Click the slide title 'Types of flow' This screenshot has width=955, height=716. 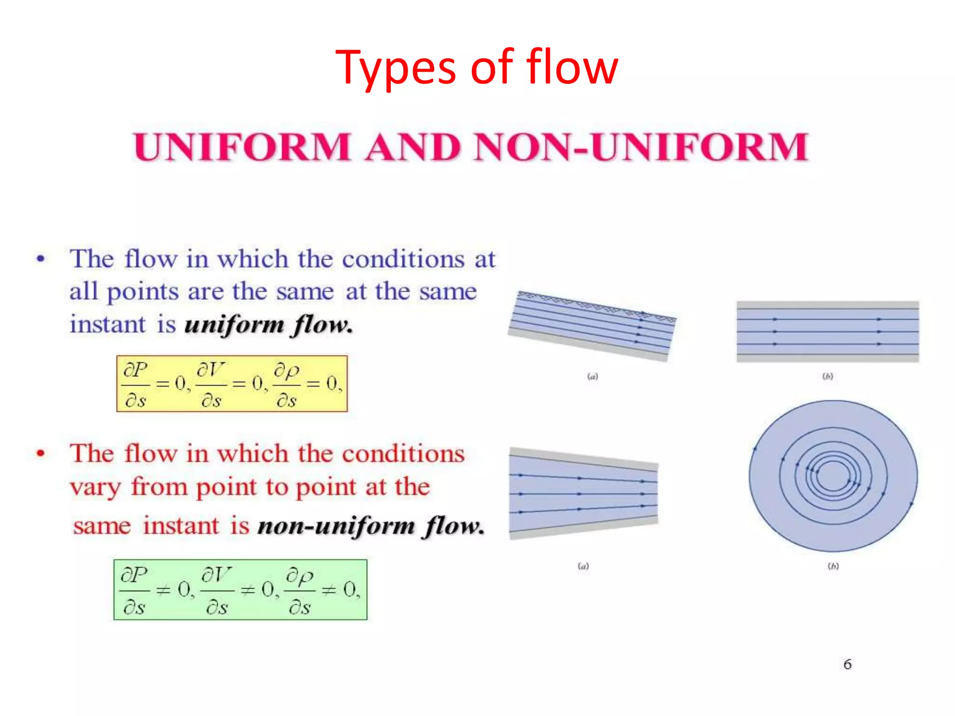(477, 68)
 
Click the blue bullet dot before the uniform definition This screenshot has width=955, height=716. (41, 259)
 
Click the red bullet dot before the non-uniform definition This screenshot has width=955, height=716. (41, 453)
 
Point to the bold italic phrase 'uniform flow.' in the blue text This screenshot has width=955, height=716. (269, 324)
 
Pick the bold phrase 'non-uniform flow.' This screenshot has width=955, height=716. (371, 526)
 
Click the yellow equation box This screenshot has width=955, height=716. (232, 384)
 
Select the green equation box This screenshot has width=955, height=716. (240, 590)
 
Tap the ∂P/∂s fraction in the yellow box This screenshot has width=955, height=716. (136, 385)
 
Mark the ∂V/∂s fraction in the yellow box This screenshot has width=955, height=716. (211, 385)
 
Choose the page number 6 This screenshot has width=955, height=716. (847, 664)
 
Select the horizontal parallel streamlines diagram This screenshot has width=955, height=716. (828, 331)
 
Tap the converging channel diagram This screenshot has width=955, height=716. (583, 493)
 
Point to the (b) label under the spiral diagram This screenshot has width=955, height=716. (833, 566)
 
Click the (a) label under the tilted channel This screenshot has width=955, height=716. (592, 376)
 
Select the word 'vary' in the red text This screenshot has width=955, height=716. (96, 488)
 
